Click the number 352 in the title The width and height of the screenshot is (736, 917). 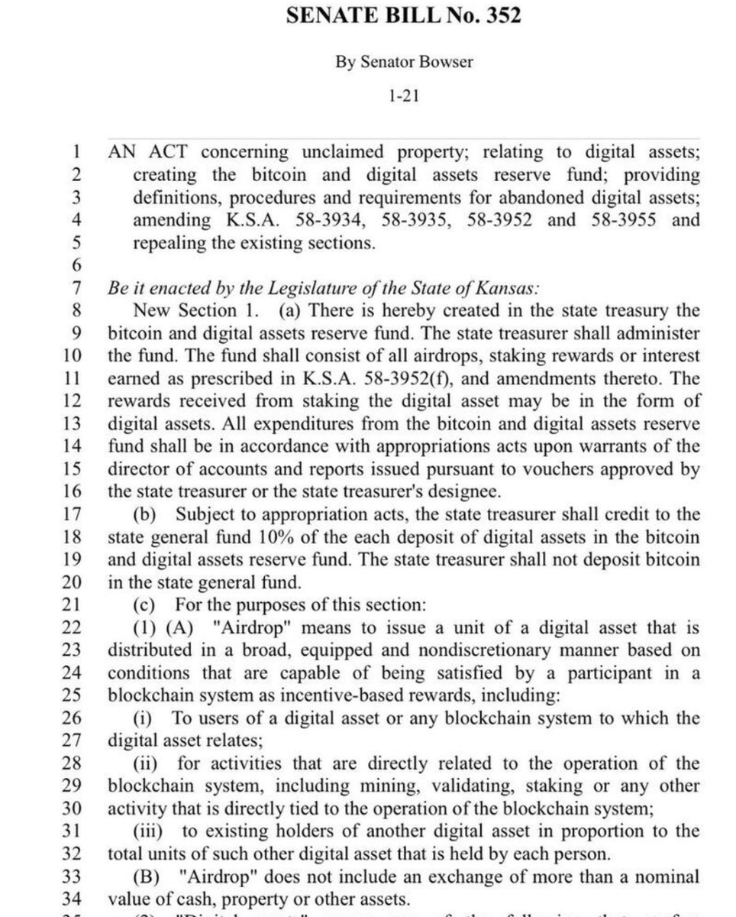[x=500, y=15]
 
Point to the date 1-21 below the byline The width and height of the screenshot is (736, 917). [x=403, y=96]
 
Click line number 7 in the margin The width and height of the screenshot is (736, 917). [x=76, y=289]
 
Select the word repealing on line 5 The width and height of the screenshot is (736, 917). [x=167, y=244]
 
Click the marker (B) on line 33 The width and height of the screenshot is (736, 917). [x=146, y=876]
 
